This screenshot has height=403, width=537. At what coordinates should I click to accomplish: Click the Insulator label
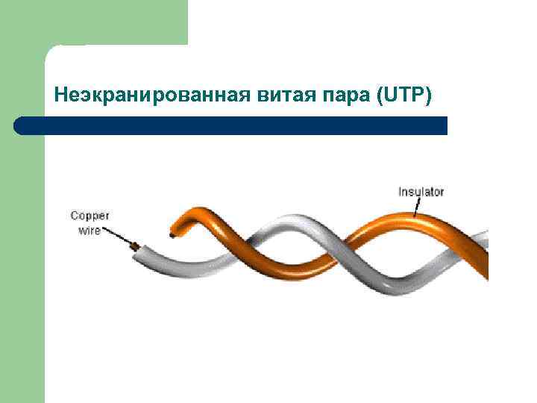(x=421, y=192)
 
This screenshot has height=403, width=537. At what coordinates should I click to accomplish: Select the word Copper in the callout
(x=89, y=216)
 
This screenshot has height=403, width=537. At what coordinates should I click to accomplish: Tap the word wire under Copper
(x=89, y=230)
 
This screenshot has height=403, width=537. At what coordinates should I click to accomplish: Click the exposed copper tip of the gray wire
(x=134, y=246)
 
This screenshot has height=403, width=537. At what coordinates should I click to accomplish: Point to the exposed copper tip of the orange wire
(x=173, y=236)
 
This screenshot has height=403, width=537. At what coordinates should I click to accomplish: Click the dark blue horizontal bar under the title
(x=239, y=125)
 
